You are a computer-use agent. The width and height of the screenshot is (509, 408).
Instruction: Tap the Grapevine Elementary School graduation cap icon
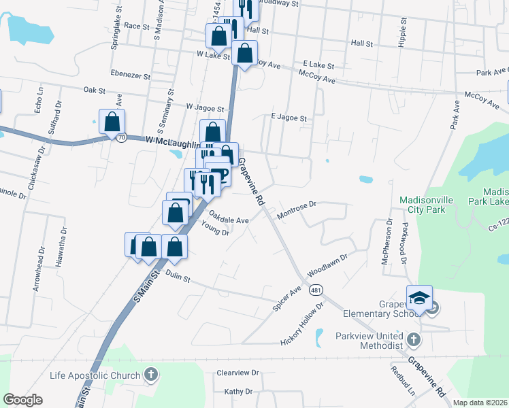click(x=419, y=296)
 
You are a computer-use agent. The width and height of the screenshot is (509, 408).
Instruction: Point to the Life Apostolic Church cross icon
click(x=151, y=375)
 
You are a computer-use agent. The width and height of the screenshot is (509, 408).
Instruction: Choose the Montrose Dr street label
click(x=297, y=210)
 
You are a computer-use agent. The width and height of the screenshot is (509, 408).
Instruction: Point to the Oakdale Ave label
click(x=229, y=218)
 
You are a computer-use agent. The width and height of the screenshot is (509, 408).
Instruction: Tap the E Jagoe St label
click(x=289, y=118)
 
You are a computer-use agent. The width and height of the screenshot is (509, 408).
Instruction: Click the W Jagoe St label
click(x=205, y=108)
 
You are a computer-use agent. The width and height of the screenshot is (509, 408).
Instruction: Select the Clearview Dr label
click(x=237, y=373)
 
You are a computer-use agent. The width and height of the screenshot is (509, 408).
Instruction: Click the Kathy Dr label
click(x=238, y=392)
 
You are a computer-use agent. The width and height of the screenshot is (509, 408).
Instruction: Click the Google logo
click(x=23, y=399)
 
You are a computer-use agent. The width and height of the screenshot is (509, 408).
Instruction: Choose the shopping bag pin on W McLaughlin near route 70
click(x=112, y=122)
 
